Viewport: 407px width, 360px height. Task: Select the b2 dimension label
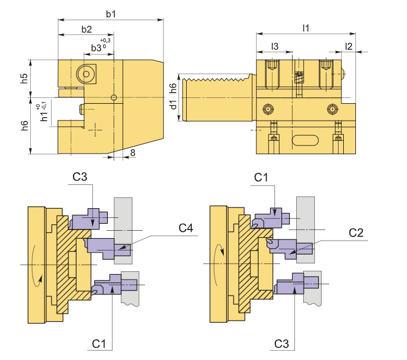[x=86, y=29]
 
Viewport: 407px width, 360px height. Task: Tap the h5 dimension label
[x=24, y=79]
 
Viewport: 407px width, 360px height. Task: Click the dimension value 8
[x=133, y=152]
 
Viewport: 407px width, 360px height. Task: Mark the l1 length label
[x=306, y=27]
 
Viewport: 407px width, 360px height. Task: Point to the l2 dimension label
[x=348, y=45]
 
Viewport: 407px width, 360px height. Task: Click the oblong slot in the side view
[x=305, y=140]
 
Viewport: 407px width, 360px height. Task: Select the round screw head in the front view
[x=87, y=74]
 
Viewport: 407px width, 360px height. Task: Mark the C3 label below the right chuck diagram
[x=281, y=344]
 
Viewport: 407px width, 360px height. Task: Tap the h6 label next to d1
[x=173, y=88]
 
